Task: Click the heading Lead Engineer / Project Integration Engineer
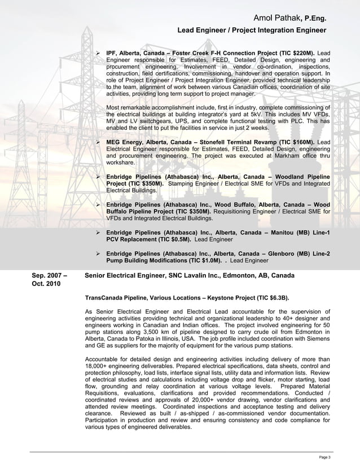pyautogui.click(x=252, y=30)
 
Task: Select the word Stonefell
pyautogui.click(x=222, y=141)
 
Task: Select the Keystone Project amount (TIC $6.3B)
pyautogui.click(x=266, y=297)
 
